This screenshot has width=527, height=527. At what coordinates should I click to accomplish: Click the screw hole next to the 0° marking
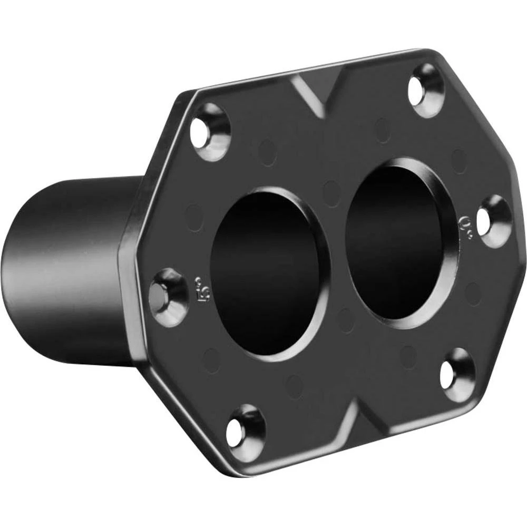pyautogui.click(x=494, y=221)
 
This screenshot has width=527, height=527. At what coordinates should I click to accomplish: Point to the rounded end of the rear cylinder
pyautogui.click(x=21, y=274)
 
